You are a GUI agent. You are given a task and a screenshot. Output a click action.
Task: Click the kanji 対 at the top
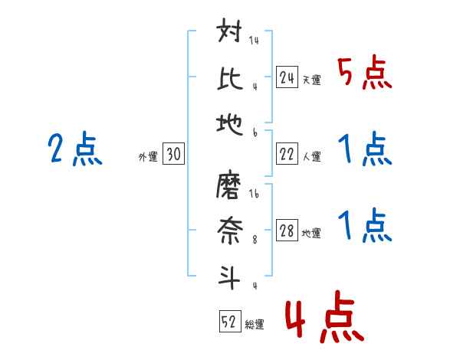click(x=231, y=34)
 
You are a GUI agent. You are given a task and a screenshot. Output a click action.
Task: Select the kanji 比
click(x=231, y=77)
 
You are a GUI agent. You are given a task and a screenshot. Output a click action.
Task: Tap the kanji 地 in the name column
click(x=231, y=121)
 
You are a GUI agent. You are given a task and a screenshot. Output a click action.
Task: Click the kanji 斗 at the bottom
click(x=231, y=273)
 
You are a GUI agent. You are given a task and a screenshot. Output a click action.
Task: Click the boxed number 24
click(x=287, y=77)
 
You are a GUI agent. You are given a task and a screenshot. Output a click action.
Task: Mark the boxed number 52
click(x=228, y=322)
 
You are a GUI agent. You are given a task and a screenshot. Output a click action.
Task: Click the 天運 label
click(x=311, y=80)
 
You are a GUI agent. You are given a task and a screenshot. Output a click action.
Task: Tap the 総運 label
click(x=254, y=324)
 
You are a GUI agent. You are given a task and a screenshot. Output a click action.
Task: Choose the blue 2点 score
click(x=74, y=149)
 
